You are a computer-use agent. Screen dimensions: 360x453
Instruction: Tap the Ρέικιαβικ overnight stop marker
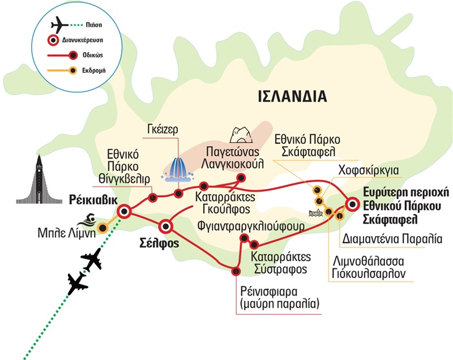123,212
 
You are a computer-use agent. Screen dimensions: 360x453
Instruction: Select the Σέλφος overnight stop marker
165,226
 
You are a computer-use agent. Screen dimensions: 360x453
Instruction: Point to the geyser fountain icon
177,168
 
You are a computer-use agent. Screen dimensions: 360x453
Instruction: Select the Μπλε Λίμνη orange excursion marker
102,228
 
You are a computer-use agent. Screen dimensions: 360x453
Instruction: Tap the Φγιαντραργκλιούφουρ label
251,227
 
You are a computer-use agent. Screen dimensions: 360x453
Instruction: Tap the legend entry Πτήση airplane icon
58,26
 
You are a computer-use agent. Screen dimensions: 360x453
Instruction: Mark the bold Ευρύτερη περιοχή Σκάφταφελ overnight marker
352,204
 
